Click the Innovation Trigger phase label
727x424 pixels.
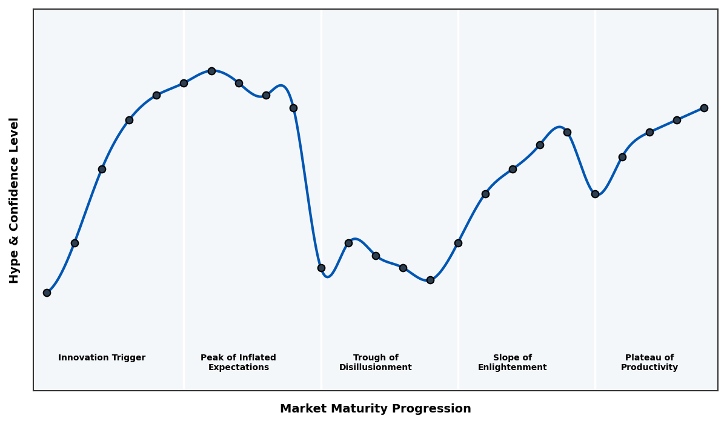[x=102, y=358]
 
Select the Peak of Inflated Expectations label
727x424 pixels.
[x=238, y=362]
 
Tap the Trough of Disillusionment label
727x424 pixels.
[x=376, y=362]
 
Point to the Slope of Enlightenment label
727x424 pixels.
[x=513, y=362]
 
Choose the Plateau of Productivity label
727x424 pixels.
[x=649, y=362]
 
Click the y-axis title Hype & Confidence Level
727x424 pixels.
[x=15, y=200]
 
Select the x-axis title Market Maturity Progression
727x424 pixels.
[x=376, y=409]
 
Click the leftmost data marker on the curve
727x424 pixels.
[x=47, y=293]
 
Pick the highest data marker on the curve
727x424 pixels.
[x=211, y=71]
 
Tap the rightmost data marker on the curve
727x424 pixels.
[x=704, y=108]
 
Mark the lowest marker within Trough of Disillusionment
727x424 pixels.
[x=430, y=280]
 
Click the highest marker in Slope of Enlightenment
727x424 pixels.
[x=567, y=132]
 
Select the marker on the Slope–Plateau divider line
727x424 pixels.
[x=595, y=194]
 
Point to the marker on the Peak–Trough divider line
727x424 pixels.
[x=321, y=268]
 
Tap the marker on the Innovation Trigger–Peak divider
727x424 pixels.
[x=184, y=83]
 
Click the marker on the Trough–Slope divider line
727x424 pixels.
[x=458, y=243]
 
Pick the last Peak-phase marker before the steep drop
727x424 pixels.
[x=293, y=108]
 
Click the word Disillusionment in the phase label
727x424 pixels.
[x=376, y=368]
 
